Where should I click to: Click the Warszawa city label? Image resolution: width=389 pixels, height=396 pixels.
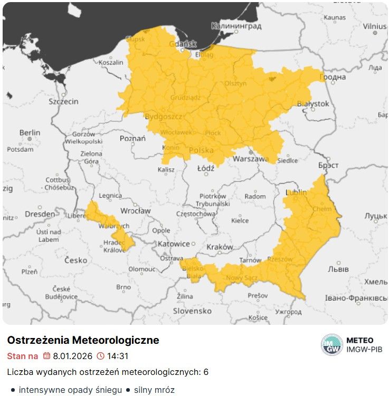click(251, 159)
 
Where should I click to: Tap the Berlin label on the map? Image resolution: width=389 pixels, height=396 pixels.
click(30, 132)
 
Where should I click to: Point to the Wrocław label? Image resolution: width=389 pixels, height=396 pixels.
click(135, 210)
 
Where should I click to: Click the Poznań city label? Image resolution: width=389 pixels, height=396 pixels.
click(132, 138)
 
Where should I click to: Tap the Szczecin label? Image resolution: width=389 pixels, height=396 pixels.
click(63, 101)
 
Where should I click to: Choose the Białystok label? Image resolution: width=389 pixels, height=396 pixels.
click(313, 104)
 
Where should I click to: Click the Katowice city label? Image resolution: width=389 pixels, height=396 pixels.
click(173, 244)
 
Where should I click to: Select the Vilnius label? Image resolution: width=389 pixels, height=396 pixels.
click(374, 26)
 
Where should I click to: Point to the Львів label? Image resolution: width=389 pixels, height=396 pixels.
click(338, 269)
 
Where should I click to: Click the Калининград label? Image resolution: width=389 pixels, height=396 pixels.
click(236, 25)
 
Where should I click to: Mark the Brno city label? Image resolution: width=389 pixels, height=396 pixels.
click(123, 287)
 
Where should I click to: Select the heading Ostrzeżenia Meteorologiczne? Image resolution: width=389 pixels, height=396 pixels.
click(83, 340)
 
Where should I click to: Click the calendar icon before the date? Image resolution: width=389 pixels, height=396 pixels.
click(46, 356)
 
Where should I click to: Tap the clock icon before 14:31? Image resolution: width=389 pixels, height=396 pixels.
click(100, 356)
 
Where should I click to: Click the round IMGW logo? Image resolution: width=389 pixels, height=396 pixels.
click(331, 345)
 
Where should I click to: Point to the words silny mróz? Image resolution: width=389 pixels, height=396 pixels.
click(154, 390)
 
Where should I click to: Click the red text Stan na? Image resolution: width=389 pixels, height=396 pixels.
click(22, 356)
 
